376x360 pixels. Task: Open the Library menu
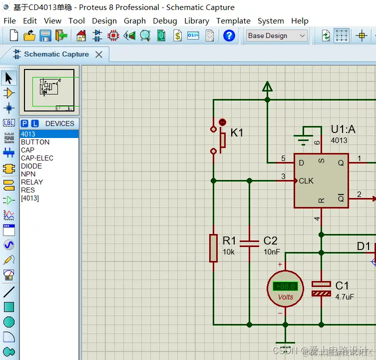tap(196, 21)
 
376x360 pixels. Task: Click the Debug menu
tap(165, 21)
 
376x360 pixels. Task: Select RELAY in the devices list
tap(32, 182)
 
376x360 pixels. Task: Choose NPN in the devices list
tap(28, 174)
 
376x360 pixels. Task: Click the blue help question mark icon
tap(229, 35)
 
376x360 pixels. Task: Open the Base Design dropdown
tap(277, 35)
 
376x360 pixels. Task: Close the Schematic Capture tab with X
tap(99, 54)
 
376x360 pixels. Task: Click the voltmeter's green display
tap(285, 286)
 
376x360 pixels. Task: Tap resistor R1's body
tap(213, 247)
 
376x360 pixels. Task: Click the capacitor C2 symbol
tap(249, 243)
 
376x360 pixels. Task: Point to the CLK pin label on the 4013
tap(306, 180)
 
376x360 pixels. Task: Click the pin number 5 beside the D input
tap(283, 159)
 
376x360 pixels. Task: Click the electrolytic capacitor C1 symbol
tap(321, 288)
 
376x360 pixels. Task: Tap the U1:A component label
tap(343, 129)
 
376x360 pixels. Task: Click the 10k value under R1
tap(229, 252)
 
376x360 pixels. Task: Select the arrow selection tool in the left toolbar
tap(9, 78)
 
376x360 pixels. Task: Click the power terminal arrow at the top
tap(267, 87)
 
